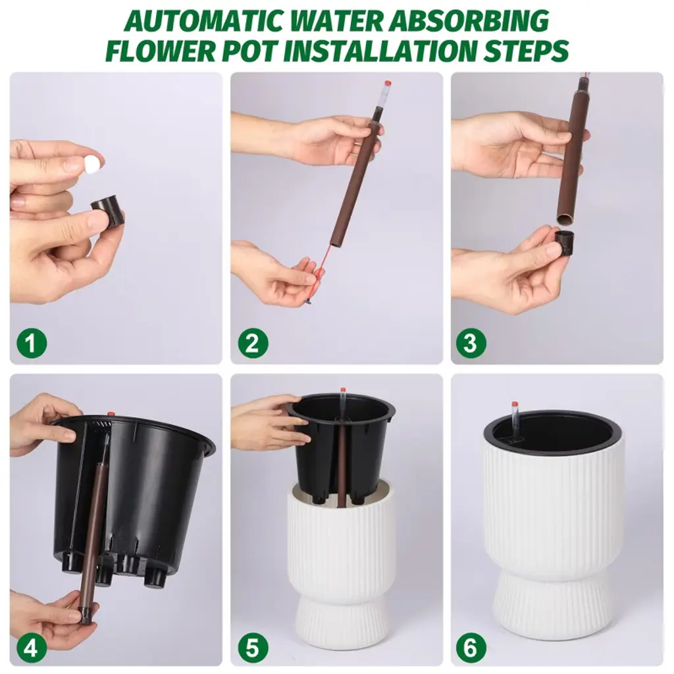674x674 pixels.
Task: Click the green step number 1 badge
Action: (32, 343)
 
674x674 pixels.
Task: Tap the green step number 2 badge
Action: (253, 343)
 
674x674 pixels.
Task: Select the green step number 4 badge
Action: (32, 647)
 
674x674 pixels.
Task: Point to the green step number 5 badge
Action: (253, 647)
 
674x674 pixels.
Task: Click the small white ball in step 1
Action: (91, 163)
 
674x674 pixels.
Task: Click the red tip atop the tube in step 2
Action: (387, 83)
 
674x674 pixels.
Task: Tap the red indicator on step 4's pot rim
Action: (111, 414)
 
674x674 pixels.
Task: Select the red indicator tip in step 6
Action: (514, 405)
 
